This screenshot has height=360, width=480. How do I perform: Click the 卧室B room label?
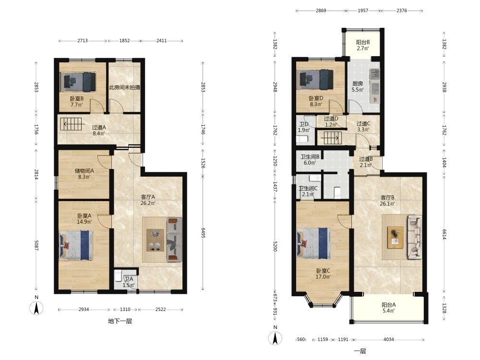[76, 98]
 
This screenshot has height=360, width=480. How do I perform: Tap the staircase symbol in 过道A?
[72, 124]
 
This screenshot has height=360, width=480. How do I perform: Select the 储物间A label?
[84, 171]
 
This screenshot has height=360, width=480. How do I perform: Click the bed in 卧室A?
[76, 245]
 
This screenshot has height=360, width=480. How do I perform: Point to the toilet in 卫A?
[119, 276]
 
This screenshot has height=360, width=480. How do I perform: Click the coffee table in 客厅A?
[155, 240]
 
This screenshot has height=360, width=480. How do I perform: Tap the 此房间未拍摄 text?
[125, 87]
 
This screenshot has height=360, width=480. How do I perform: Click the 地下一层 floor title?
[120, 321]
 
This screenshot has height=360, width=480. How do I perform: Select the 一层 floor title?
[360, 351]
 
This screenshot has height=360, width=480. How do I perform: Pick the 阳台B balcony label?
[363, 42]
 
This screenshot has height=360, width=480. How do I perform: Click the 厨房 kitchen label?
[358, 83]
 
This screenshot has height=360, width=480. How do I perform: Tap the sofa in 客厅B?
[414, 237]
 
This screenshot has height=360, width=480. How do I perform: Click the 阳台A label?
[388, 305]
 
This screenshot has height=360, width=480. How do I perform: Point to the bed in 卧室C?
[314, 244]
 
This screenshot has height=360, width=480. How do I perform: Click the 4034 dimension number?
[389, 339]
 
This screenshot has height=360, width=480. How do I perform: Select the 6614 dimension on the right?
[444, 234]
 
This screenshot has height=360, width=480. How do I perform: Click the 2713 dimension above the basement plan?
[83, 40]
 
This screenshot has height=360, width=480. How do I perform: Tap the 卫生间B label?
[310, 157]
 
